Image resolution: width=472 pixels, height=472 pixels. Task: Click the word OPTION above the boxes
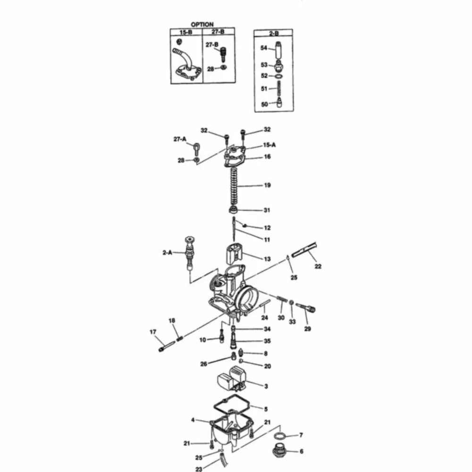202,25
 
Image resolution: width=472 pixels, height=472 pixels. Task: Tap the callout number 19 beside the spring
267,185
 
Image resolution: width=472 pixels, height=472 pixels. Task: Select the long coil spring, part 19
234,186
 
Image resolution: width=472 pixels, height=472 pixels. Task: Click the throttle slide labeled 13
234,255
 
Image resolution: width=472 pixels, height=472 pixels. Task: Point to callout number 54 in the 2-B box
264,48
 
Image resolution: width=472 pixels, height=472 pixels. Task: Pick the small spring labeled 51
279,89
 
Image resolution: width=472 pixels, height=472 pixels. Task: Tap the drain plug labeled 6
278,451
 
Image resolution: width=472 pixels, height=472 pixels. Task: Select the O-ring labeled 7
280,436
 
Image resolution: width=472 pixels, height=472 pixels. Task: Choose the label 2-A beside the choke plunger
168,253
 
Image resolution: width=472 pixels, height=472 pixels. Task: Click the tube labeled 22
303,250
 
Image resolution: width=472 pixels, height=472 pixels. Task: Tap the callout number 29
307,329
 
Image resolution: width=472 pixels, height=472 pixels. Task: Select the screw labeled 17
167,346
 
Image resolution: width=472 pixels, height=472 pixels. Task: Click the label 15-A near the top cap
270,145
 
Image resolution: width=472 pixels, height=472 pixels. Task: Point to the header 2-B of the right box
274,33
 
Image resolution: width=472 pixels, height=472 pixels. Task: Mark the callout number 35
267,341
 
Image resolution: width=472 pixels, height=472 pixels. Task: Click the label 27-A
180,139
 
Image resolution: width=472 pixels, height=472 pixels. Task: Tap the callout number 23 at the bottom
199,469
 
